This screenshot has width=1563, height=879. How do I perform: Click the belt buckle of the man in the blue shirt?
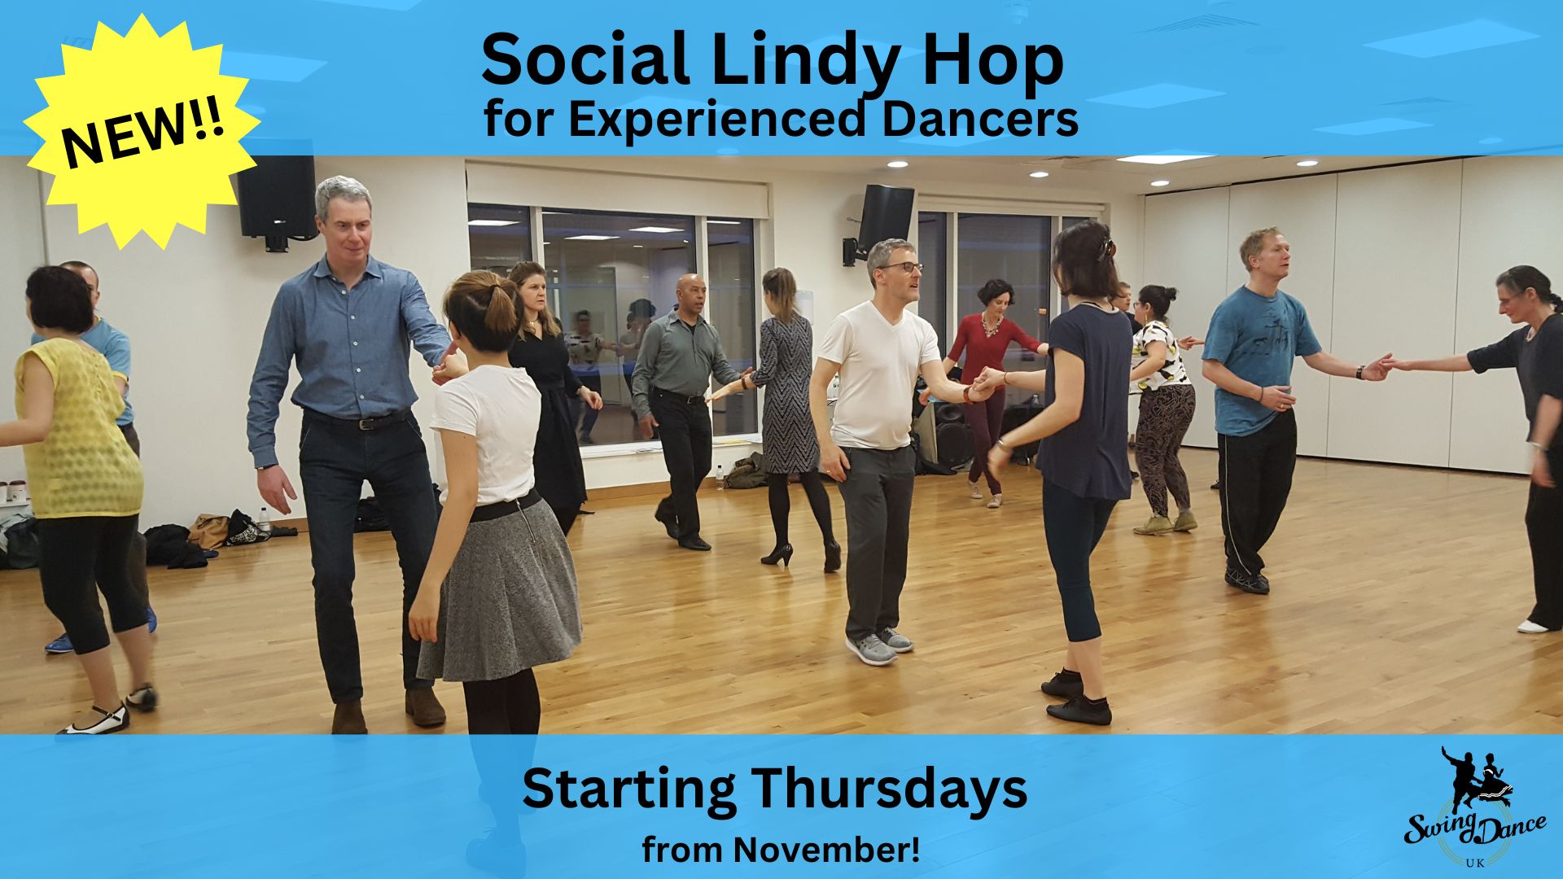(x=367, y=423)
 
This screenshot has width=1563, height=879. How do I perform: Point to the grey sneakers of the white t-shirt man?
(x=879, y=646)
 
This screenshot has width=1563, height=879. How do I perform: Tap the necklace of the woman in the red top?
(x=992, y=326)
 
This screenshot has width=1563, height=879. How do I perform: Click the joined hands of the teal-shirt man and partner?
(x=1381, y=366)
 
